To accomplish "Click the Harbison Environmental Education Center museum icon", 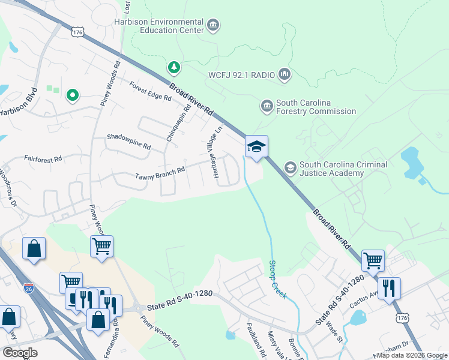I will coord(212,25).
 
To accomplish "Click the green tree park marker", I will coord(173,67).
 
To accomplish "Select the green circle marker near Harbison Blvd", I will coord(72,95).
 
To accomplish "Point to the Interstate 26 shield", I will coord(29,288).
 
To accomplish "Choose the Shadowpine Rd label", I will coord(128,142).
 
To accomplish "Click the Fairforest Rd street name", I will coord(43,160).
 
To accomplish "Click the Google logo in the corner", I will coord(19,352).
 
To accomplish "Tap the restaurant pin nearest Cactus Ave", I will coord(389,288).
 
